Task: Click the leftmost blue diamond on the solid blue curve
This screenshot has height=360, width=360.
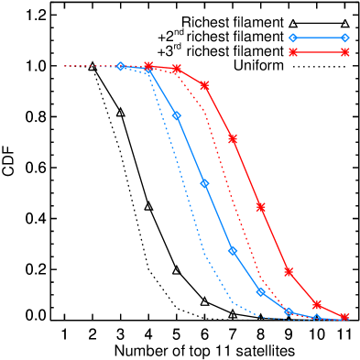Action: (x=120, y=66)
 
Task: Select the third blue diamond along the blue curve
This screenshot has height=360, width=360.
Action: (x=177, y=116)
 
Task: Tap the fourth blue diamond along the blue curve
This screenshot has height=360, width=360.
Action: (x=204, y=184)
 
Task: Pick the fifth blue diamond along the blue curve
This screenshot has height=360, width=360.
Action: (x=233, y=251)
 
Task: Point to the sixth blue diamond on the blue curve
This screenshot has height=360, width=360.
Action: (x=261, y=292)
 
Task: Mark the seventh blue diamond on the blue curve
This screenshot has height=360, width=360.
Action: (x=289, y=312)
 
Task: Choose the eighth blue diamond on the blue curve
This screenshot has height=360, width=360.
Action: (x=317, y=319)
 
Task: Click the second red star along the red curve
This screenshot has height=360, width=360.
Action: (x=177, y=69)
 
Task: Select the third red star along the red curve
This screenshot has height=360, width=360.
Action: (x=204, y=85)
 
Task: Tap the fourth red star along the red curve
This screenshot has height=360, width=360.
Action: (x=233, y=138)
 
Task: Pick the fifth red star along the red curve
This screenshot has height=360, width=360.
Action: (x=261, y=207)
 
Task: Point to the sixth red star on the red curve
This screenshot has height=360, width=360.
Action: (x=289, y=272)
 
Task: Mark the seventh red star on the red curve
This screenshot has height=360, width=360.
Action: (x=317, y=304)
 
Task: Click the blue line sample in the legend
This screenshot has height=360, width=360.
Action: (x=319, y=38)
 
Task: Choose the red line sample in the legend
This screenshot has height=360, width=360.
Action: (x=319, y=52)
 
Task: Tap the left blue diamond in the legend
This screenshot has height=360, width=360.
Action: (x=293, y=38)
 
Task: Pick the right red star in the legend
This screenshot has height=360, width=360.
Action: (x=344, y=52)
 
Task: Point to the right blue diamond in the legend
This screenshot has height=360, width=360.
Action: (x=344, y=38)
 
